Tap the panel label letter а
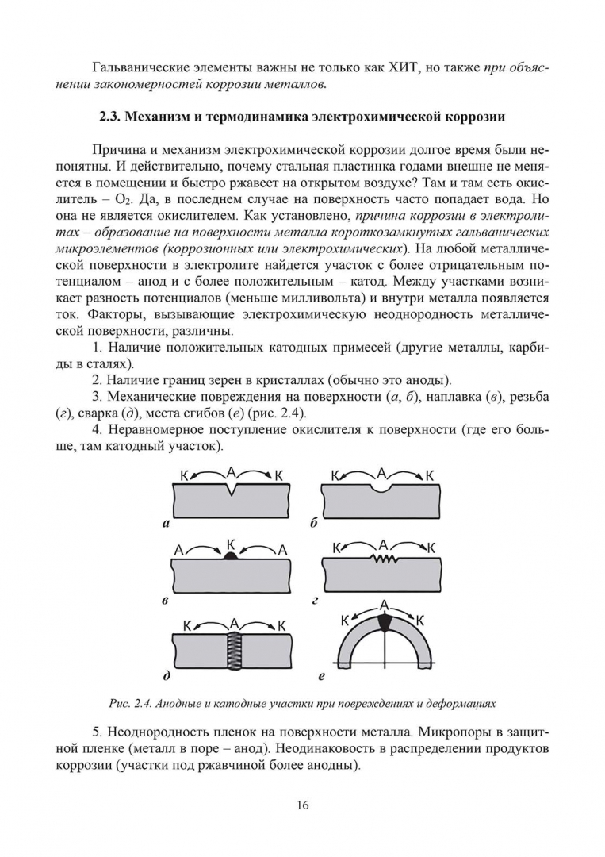pos(164,524)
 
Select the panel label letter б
pos(315,524)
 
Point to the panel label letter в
pos(164,601)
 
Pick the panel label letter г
pos(315,601)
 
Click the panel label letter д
pos(165,678)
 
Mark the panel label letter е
pos(320,678)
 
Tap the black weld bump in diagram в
pos(231,557)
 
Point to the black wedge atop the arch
pos(385,624)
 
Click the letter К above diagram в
pos(231,544)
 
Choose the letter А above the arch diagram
pos(384,605)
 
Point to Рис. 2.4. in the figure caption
pos(131,704)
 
